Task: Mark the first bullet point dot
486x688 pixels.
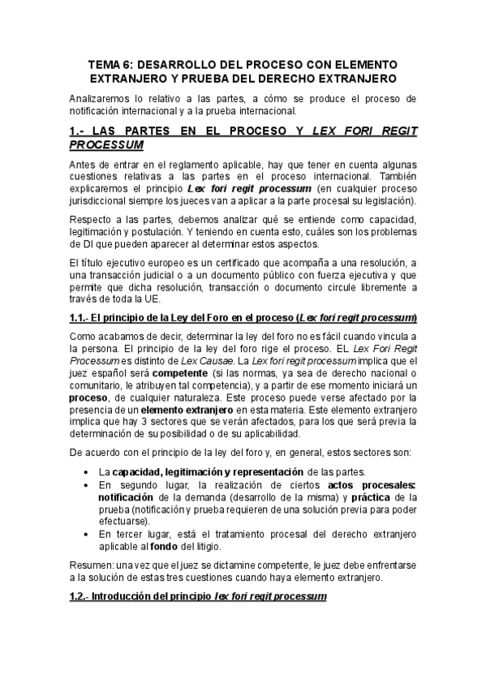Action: coord(88,473)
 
